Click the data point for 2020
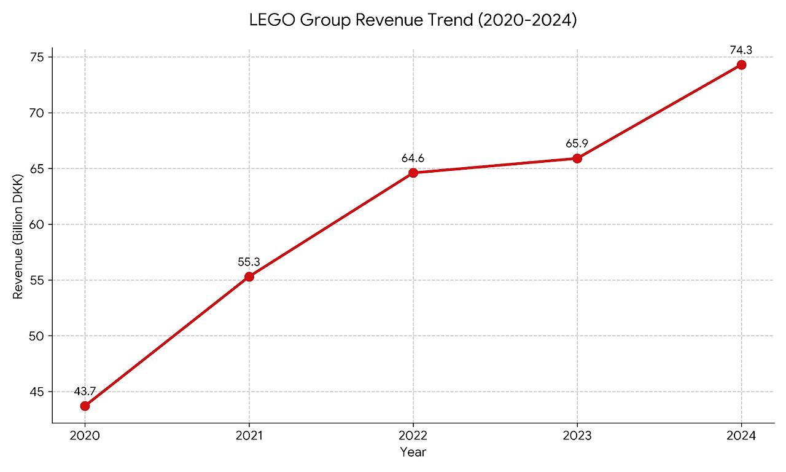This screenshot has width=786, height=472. click(x=85, y=406)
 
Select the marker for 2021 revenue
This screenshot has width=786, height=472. click(x=249, y=277)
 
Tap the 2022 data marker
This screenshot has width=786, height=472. click(x=413, y=173)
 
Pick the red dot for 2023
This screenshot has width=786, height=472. click(x=577, y=158)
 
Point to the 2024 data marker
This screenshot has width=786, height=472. click(x=741, y=65)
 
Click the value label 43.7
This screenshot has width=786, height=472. click(x=85, y=391)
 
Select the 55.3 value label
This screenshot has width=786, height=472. click(x=249, y=262)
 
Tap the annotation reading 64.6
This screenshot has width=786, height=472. click(x=413, y=159)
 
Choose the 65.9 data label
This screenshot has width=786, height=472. click(x=577, y=144)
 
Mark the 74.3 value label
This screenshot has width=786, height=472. click(x=741, y=50)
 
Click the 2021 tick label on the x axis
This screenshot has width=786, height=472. click(x=249, y=437)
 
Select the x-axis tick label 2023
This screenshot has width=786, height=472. click(x=577, y=437)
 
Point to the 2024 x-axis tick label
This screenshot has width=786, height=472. click(x=741, y=437)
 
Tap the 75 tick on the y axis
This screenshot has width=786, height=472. click(x=38, y=57)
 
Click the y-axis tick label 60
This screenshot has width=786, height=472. click(x=38, y=224)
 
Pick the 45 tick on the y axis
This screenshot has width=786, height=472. click(x=38, y=391)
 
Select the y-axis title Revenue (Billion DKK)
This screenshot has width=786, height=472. click(x=18, y=237)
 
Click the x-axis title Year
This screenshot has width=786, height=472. click(x=413, y=452)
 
